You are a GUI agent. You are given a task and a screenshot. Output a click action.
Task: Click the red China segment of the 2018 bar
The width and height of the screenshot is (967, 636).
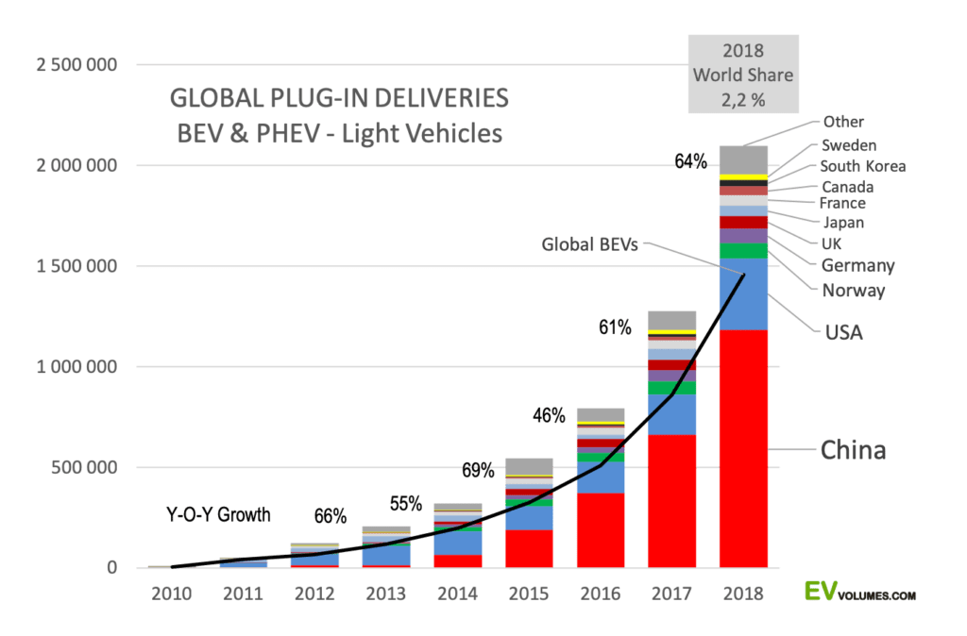[x=743, y=448]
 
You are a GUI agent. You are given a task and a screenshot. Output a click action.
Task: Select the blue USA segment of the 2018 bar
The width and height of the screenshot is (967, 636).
[x=743, y=293]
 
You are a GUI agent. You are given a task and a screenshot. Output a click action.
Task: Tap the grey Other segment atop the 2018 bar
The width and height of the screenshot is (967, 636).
[x=743, y=159]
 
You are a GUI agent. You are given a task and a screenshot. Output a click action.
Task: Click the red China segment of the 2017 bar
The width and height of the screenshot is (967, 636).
[x=671, y=500]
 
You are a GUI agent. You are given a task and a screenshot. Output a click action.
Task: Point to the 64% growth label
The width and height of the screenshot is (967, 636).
[x=690, y=161]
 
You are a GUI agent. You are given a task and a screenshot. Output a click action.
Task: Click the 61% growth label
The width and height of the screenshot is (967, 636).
[x=615, y=327]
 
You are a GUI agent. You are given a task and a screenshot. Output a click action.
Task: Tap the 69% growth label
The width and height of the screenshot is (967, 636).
[x=479, y=469]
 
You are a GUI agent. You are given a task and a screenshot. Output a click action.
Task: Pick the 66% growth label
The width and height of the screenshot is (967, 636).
[x=330, y=516]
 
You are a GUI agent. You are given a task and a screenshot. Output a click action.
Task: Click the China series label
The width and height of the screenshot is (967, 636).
[x=853, y=450]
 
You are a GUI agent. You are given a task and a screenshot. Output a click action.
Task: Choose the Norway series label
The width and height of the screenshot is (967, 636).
[x=853, y=290]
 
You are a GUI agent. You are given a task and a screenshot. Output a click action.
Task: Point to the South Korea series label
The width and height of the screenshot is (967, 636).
[x=863, y=166]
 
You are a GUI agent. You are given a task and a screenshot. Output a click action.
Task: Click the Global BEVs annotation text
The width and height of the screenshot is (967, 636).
[x=590, y=244]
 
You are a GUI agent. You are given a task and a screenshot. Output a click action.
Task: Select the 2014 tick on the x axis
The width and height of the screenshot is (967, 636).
[x=458, y=594]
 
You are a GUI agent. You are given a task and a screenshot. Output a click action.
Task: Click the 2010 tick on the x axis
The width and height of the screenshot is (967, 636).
[x=171, y=594]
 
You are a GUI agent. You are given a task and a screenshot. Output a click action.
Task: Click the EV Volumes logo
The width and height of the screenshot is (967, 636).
[x=859, y=593]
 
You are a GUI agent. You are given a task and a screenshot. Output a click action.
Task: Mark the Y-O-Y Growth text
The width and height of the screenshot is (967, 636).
[x=218, y=515]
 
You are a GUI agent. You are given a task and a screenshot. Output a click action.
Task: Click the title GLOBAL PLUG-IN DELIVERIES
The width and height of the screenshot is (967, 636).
[x=339, y=98]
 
